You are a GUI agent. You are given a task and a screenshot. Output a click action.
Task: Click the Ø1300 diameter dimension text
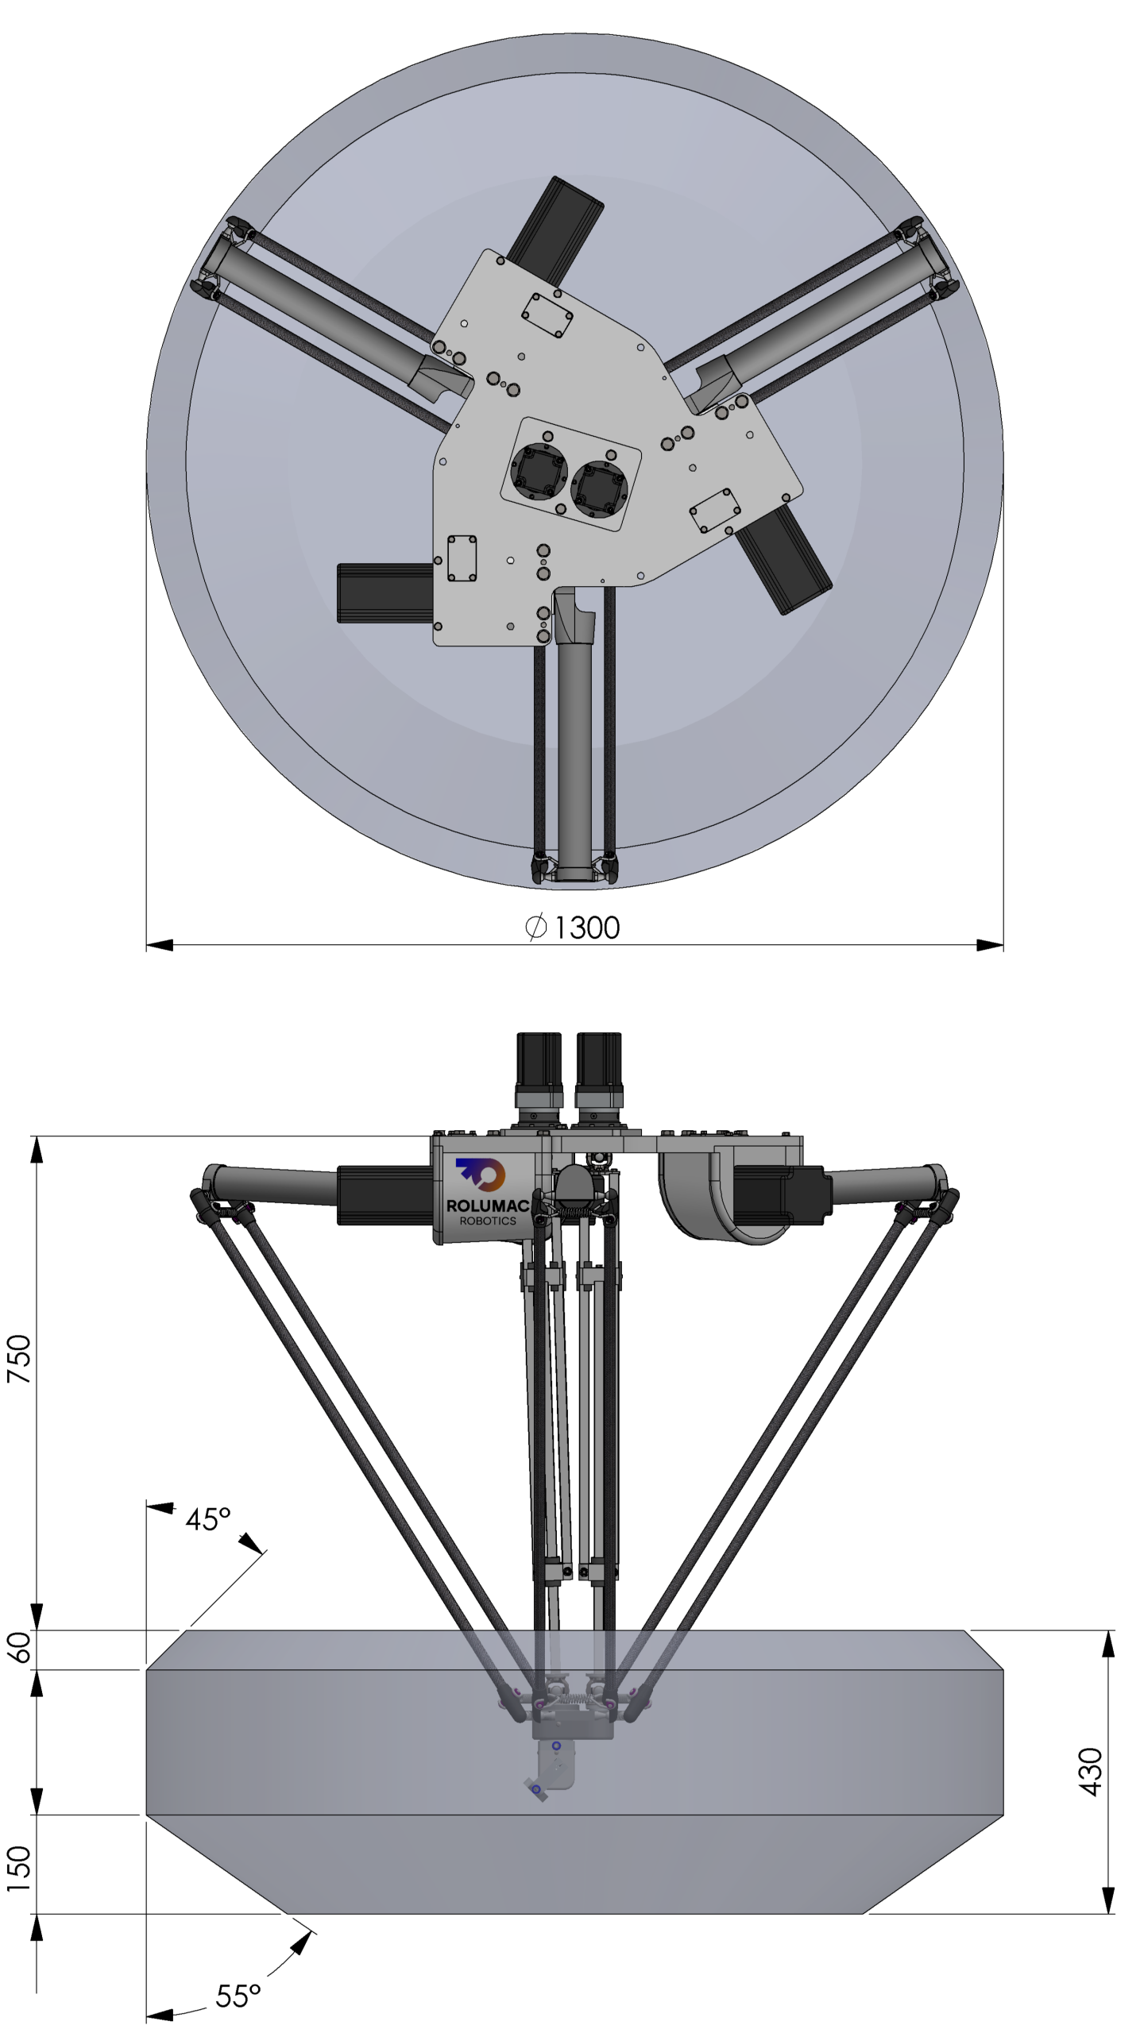572,927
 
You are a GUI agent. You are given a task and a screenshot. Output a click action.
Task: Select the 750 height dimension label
19,1359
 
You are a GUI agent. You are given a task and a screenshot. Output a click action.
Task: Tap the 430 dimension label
1091,1771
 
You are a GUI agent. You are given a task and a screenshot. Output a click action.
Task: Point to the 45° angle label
208,1518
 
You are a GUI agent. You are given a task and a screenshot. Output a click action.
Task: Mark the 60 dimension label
19,1647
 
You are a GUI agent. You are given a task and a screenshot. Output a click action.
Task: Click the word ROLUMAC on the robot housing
488,1206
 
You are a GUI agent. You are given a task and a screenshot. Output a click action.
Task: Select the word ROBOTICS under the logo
488,1221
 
